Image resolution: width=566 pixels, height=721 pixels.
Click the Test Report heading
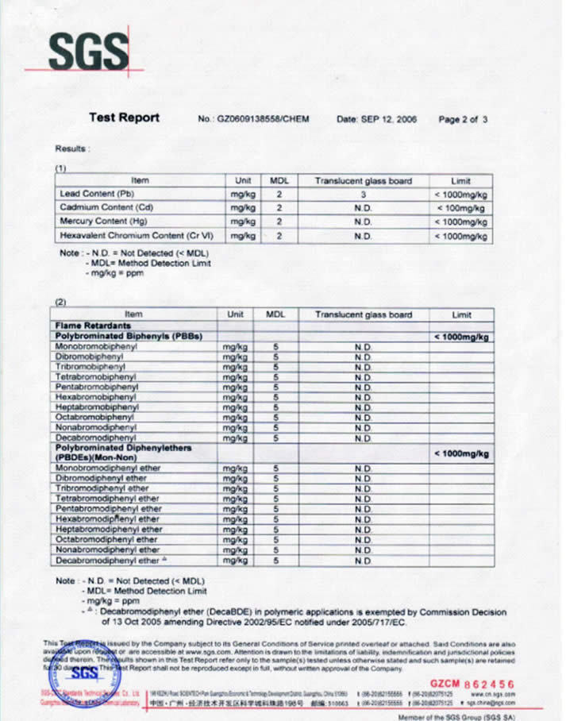(x=124, y=118)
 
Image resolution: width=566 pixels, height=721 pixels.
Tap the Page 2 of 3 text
(x=463, y=119)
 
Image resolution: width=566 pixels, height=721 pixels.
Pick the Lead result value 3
(x=363, y=194)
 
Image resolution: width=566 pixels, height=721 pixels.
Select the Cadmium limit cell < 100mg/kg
(x=460, y=208)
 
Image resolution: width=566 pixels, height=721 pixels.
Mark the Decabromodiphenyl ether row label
(x=108, y=560)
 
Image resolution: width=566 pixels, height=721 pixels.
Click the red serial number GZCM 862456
(x=472, y=683)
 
